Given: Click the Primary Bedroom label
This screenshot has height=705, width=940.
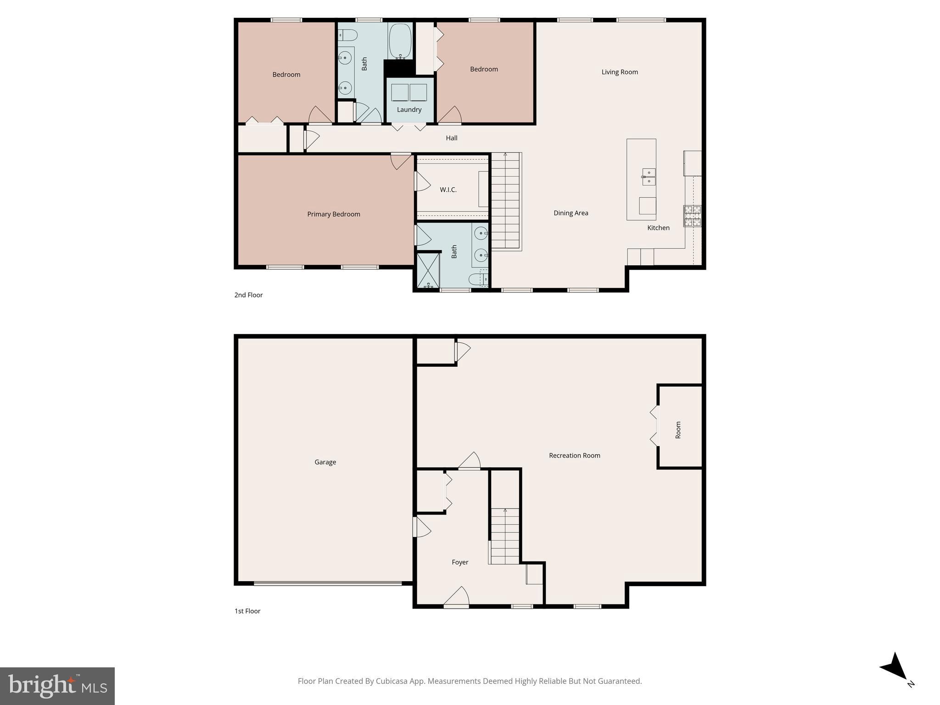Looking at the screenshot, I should (x=333, y=214).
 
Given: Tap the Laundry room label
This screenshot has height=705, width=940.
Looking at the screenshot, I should (x=409, y=110).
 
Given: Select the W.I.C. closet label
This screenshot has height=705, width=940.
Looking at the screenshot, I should (x=448, y=190).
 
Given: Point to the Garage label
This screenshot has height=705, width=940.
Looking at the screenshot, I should (x=325, y=462).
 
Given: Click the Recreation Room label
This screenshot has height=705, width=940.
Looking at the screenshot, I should (x=574, y=456).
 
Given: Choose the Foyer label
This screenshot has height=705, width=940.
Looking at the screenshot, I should (x=460, y=562).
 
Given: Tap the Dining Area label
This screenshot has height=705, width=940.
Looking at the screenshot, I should (x=571, y=213).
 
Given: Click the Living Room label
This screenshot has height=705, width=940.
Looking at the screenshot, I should (x=620, y=72).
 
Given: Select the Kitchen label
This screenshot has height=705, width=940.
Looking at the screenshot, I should (x=658, y=228).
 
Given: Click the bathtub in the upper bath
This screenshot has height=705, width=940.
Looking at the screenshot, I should (x=400, y=41).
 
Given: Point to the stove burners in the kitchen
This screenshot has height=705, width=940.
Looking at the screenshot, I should (x=693, y=216).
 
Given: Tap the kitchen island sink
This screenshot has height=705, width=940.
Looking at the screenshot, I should (x=649, y=176).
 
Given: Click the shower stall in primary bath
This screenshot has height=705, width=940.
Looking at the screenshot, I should (x=428, y=271).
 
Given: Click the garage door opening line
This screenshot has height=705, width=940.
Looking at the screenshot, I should (x=327, y=583).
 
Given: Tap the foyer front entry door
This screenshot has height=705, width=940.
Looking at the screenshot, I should (x=456, y=598).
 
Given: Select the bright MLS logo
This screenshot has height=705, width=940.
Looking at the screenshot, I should (x=57, y=686).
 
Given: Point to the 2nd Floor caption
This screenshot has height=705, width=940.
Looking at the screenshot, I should (x=248, y=295).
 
